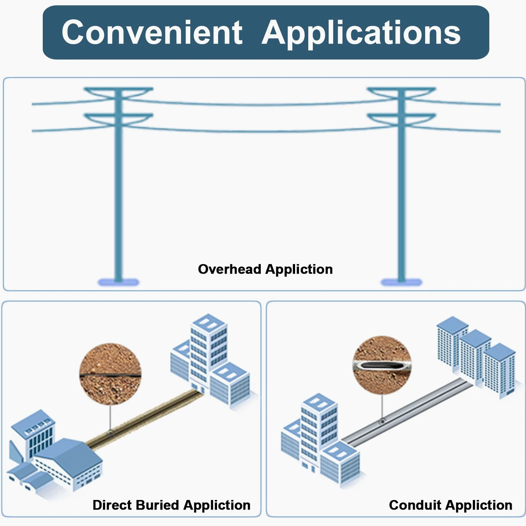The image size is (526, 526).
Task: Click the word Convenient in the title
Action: click(152, 32)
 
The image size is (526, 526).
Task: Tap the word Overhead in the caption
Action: click(230, 269)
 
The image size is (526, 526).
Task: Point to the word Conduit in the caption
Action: click(415, 505)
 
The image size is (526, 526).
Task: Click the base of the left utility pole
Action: click(118, 283)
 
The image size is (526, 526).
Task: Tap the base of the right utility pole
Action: click(401, 283)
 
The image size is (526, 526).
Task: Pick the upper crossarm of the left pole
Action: click(118, 92)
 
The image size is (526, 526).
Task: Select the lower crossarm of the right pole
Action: click(401, 119)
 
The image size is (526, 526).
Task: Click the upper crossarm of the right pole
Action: click(401, 92)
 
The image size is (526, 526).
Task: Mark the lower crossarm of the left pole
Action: click(118, 119)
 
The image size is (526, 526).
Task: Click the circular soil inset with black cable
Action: click(110, 374)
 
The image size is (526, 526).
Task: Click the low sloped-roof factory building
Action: click(68, 463)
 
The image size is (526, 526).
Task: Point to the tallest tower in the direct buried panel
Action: click(208, 353)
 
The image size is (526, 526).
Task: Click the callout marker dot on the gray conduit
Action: click(382, 422)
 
